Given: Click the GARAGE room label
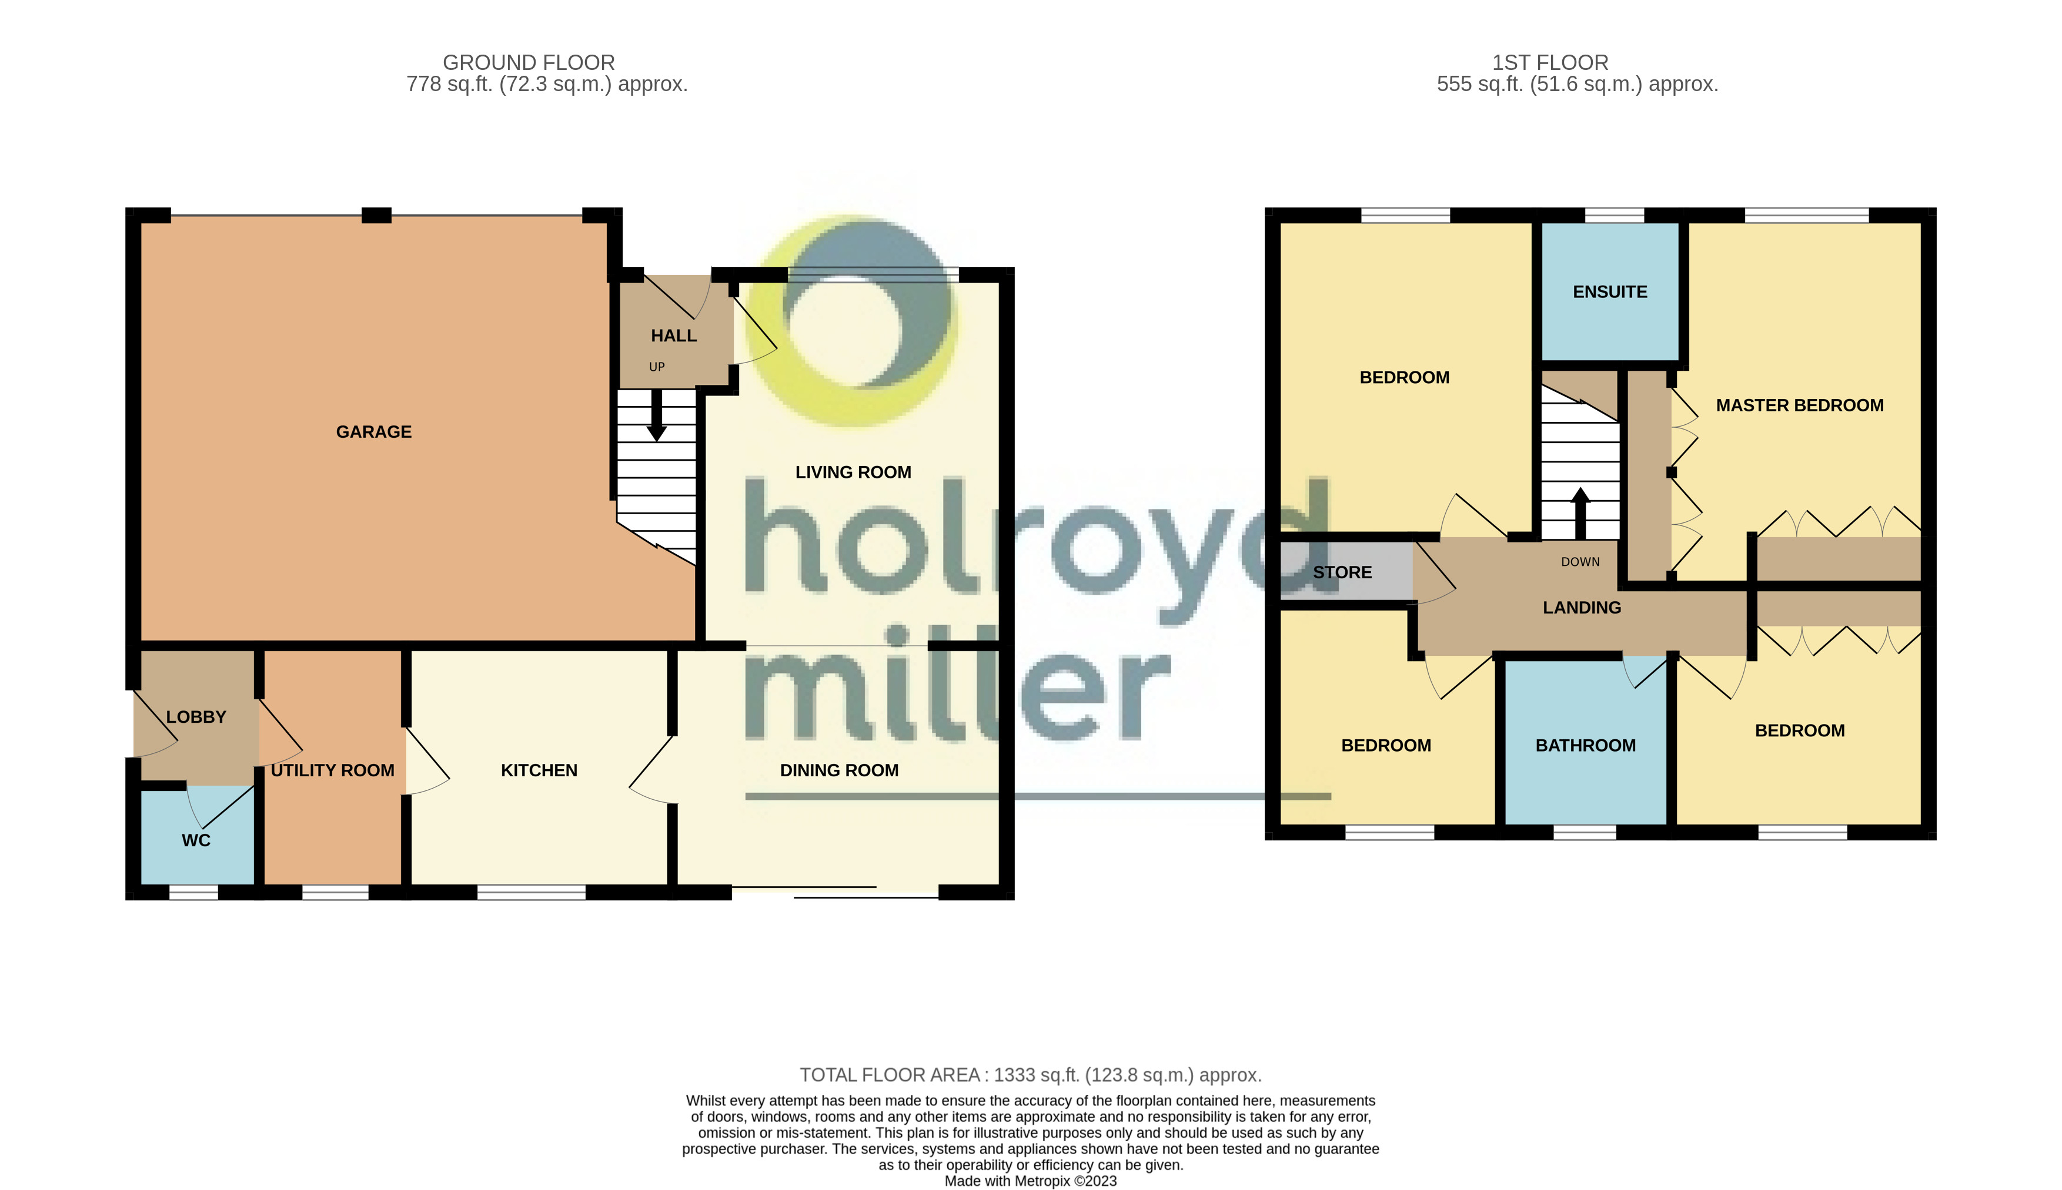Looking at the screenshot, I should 373,431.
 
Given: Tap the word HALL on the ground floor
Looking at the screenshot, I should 674,336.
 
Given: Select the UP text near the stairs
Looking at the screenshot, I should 657,367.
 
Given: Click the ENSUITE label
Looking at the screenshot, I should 1609,292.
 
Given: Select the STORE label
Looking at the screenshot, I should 1342,572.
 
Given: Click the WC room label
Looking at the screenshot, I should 196,840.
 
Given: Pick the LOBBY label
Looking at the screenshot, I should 196,717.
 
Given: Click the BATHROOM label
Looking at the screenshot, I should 1585,745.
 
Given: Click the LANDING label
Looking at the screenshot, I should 1581,607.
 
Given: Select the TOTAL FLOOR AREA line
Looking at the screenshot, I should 1030,1075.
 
